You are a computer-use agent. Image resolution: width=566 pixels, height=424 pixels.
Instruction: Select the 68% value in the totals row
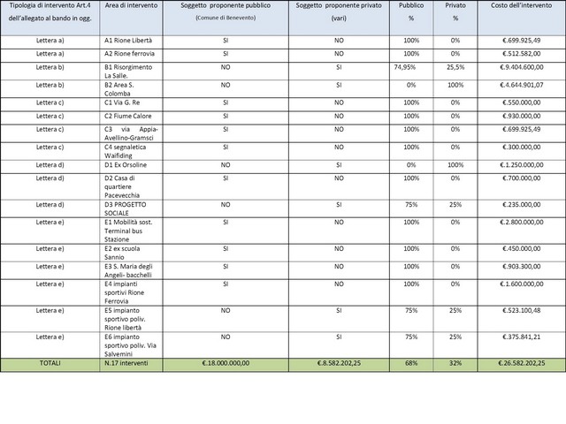coord(411,363)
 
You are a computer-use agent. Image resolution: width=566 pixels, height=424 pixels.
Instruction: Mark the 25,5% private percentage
coord(456,66)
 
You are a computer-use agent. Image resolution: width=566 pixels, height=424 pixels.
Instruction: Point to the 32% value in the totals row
coord(456,363)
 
